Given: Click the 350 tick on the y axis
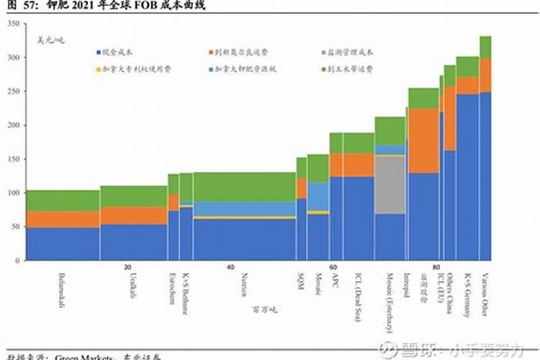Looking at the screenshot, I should (x=12, y=24).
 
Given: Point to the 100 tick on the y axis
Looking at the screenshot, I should (x=12, y=193).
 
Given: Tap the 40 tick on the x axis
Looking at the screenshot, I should (x=230, y=267).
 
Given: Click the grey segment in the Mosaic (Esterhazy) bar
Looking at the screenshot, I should (x=390, y=184).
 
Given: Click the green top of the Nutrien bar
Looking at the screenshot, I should (x=245, y=186).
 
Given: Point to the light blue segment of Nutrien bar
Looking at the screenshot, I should (x=245, y=208).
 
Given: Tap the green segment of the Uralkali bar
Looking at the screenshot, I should (x=133, y=196).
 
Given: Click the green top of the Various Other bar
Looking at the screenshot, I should (x=486, y=47).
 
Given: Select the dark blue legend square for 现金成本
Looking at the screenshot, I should (x=97, y=53).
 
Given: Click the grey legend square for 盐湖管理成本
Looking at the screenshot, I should (x=323, y=53).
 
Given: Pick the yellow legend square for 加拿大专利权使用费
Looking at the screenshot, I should (x=97, y=69).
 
